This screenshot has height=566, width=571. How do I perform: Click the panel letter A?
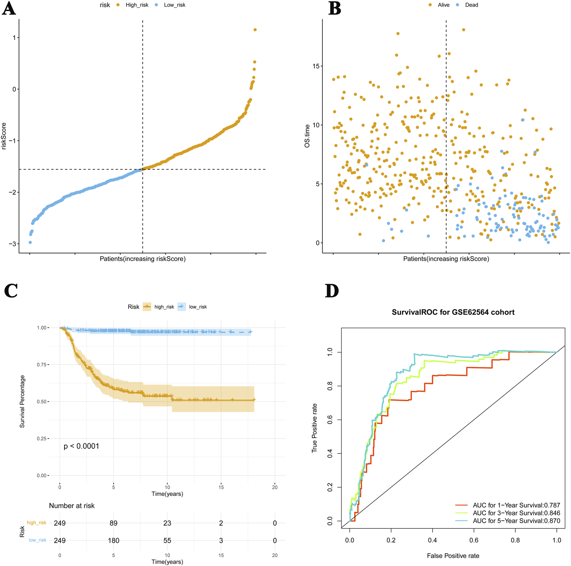tap(9, 8)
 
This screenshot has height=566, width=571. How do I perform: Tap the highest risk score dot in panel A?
tap(255, 30)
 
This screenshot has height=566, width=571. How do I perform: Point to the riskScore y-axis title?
tap(4, 136)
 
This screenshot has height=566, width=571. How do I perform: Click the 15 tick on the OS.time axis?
tap(315, 66)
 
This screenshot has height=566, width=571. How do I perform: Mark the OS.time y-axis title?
tap(307, 136)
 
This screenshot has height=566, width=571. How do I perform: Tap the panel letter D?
tap(332, 291)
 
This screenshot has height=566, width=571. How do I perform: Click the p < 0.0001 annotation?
tap(81, 446)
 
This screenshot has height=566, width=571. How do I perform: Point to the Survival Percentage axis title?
tap(22, 401)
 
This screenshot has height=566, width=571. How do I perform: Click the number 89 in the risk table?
tap(114, 523)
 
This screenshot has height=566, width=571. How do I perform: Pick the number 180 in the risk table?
tap(114, 541)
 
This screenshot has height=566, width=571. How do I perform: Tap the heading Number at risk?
tap(72, 506)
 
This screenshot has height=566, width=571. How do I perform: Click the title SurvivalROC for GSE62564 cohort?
tap(453, 312)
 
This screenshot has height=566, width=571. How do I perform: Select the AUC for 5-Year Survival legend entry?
tap(516, 521)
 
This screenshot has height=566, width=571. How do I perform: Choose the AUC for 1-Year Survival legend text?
tap(516, 505)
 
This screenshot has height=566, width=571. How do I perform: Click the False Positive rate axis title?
tap(453, 556)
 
